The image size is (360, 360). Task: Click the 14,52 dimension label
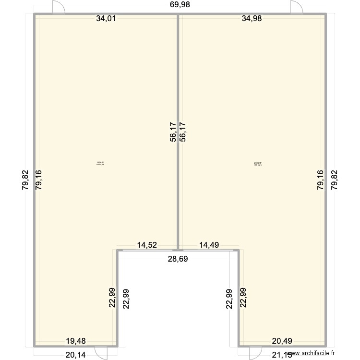pyautogui.click(x=148, y=245)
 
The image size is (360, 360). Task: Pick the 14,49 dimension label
pyautogui.click(x=209, y=245)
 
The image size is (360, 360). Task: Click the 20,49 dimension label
pyautogui.click(x=282, y=341)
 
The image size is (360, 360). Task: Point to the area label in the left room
pyautogui.click(x=100, y=164)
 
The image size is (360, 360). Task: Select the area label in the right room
pyautogui.click(x=258, y=164)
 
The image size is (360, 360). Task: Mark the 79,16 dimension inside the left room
pyautogui.click(x=39, y=180)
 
